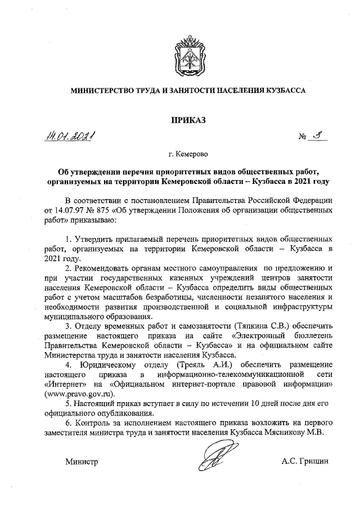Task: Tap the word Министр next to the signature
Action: [x=82, y=462]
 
